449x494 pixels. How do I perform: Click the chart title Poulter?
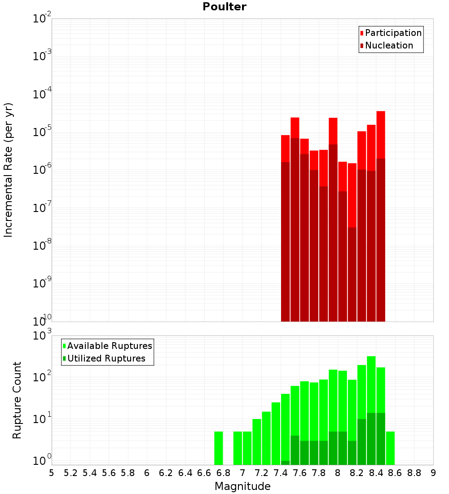[224, 7]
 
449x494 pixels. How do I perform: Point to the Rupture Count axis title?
[17, 400]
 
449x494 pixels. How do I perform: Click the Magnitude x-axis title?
[242, 486]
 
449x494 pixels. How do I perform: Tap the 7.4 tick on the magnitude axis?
[281, 473]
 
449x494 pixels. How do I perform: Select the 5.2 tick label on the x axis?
[71, 473]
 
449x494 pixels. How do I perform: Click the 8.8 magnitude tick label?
[414, 473]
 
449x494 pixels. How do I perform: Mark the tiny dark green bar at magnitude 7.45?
[286, 463]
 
